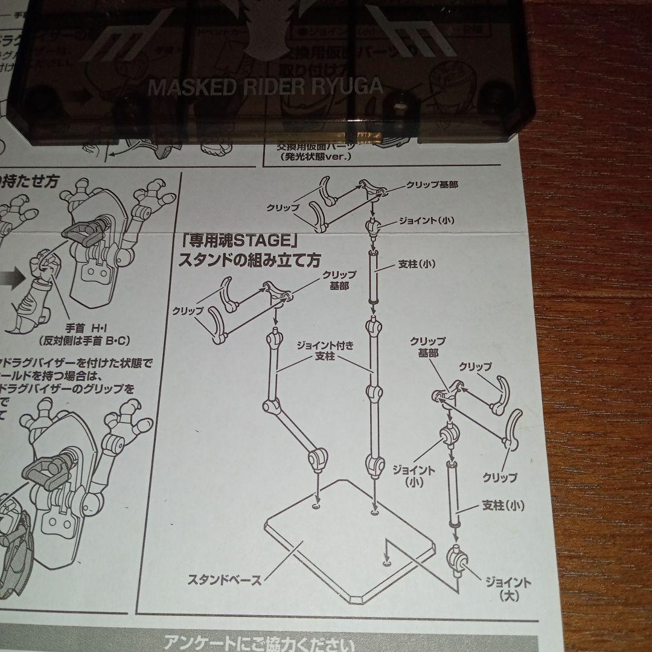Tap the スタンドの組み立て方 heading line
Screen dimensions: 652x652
point(249,261)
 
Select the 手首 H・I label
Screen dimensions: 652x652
point(85,328)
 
